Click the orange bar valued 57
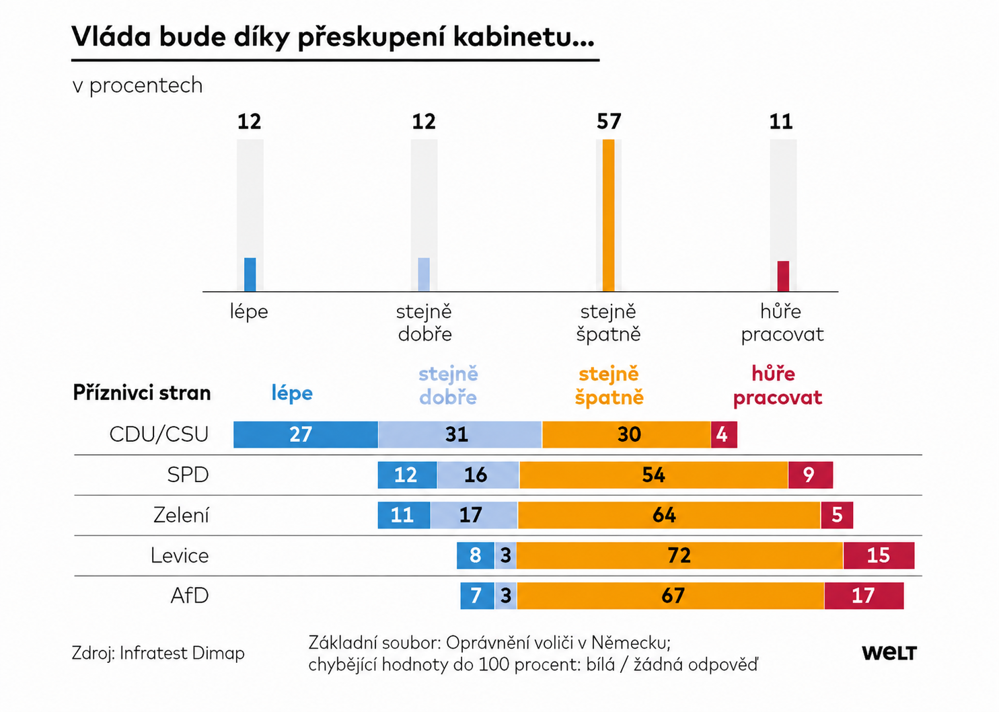click(x=608, y=215)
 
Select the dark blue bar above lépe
click(x=250, y=274)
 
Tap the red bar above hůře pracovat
click(x=783, y=276)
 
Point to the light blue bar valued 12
click(x=424, y=274)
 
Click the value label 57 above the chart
click(x=609, y=121)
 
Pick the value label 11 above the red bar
click(x=781, y=121)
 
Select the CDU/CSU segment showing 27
click(x=305, y=434)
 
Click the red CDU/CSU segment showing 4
click(x=724, y=434)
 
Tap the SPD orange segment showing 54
click(x=654, y=475)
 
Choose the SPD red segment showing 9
click(x=811, y=475)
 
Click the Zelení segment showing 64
click(x=669, y=515)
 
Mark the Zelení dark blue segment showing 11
click(x=404, y=515)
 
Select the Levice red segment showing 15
click(x=879, y=555)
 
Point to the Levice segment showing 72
click(x=679, y=555)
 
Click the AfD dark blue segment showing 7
click(x=477, y=596)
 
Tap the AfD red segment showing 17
click(x=864, y=596)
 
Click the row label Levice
click(x=180, y=555)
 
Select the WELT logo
click(x=889, y=653)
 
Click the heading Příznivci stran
click(x=142, y=393)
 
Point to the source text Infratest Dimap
click(x=182, y=653)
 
